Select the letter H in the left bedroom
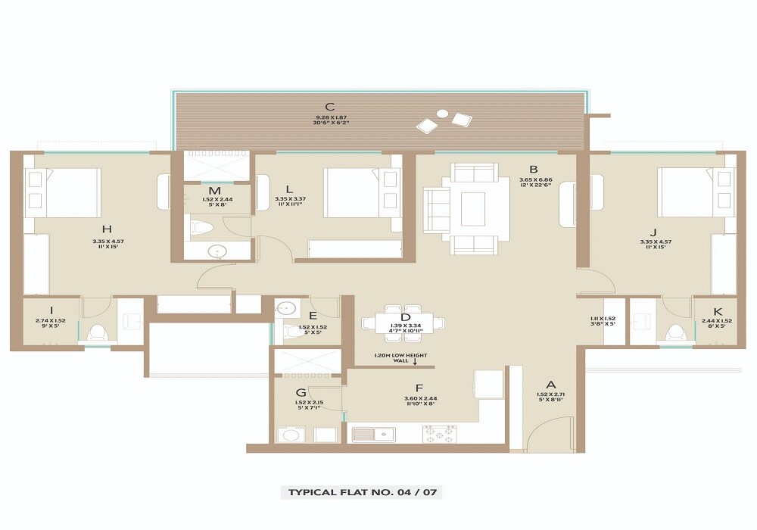point(107,229)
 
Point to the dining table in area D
point(403,323)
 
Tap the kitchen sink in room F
point(375,435)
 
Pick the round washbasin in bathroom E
point(286,308)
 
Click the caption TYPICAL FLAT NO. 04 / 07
point(362,492)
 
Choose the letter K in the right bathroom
point(718,311)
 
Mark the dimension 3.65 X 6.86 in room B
point(534,179)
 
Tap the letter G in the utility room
point(301,392)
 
